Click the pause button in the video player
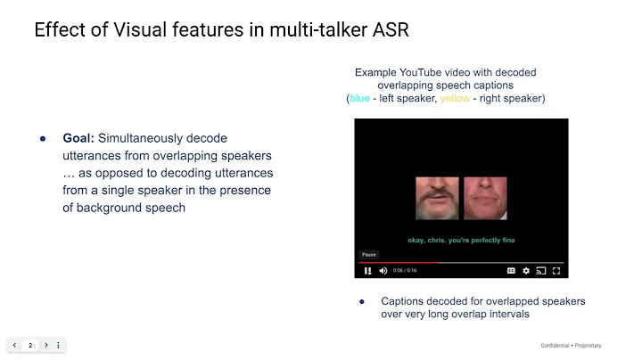(367, 270)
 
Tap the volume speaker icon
(383, 270)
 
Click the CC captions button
(511, 270)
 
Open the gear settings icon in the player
(526, 270)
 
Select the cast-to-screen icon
(541, 270)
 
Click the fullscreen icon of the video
(556, 270)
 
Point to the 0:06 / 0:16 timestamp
(405, 270)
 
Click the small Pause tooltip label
(369, 254)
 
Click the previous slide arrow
(15, 345)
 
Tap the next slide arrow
(45, 345)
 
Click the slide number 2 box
(30, 345)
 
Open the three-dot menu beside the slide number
(58, 345)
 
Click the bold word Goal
(78, 138)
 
